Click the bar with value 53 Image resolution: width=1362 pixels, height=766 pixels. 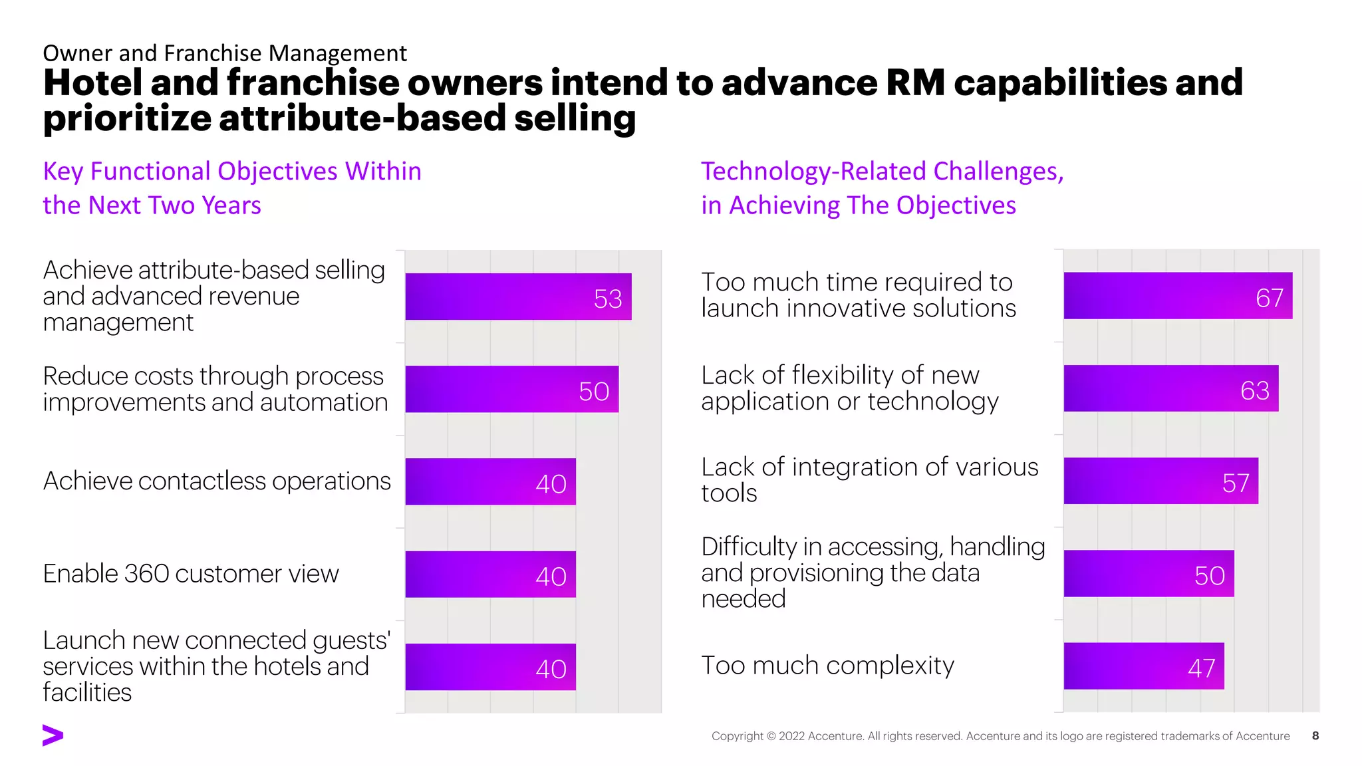point(518,297)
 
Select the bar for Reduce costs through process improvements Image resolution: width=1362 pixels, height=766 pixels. point(511,389)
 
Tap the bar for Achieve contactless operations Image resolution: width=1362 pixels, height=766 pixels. point(490,481)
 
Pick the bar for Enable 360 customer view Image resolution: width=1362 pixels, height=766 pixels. point(490,574)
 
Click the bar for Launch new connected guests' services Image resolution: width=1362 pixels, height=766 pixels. point(490,666)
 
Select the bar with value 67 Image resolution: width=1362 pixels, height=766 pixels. point(1178,295)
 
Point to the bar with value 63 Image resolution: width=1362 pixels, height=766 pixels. point(1170,388)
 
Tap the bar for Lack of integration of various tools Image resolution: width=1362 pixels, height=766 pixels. point(1160,481)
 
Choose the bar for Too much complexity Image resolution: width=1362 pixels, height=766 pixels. point(1143,666)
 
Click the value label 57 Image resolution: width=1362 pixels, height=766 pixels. point(1236,483)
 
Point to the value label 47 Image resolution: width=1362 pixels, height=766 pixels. point(1201,668)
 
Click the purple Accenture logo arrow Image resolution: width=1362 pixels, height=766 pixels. point(53,735)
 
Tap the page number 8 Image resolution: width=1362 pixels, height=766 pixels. point(1315,735)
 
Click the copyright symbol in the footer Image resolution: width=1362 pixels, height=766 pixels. point(771,736)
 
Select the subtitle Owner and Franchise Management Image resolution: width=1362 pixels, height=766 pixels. point(225,53)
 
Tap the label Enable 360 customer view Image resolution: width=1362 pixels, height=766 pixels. point(191,574)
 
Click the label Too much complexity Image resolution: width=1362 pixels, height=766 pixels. point(827,666)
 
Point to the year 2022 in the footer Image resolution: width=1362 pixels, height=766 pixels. point(792,736)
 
